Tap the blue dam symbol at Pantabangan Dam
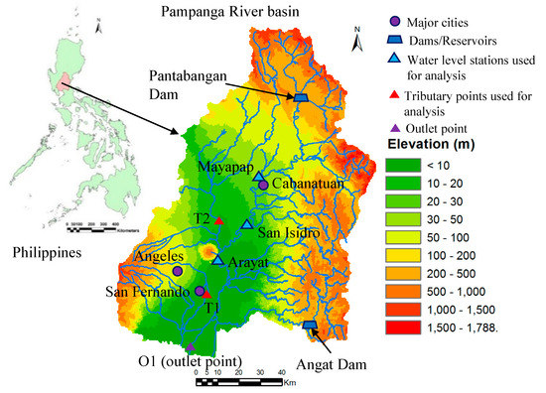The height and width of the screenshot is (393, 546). [x=299, y=97]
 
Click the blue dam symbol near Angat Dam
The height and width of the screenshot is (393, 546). [x=309, y=326]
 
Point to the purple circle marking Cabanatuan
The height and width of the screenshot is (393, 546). [x=263, y=185]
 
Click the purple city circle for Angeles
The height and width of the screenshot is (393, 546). [x=177, y=270]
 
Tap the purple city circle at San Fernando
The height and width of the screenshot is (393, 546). [x=200, y=291]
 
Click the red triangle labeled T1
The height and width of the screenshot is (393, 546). [x=207, y=294]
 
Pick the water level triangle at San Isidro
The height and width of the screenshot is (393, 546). [x=247, y=224]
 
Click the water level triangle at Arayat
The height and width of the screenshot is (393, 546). [x=217, y=260]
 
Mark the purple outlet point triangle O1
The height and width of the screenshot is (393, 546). [x=190, y=347]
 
